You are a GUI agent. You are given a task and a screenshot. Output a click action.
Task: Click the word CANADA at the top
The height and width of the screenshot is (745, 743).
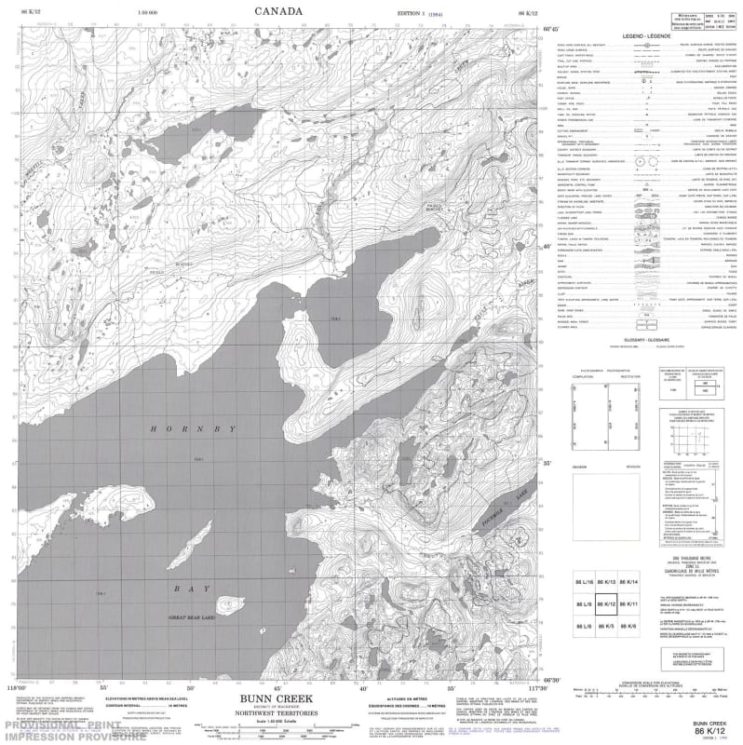(x=277, y=10)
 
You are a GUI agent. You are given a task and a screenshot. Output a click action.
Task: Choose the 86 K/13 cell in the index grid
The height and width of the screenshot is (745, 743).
(x=606, y=582)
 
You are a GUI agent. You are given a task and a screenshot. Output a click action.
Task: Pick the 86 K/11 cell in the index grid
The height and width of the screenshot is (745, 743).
(x=628, y=604)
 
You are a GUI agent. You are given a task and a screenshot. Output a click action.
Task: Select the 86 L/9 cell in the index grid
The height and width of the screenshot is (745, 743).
(x=584, y=604)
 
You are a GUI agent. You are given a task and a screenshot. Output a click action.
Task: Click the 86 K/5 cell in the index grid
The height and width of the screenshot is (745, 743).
(x=606, y=628)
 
